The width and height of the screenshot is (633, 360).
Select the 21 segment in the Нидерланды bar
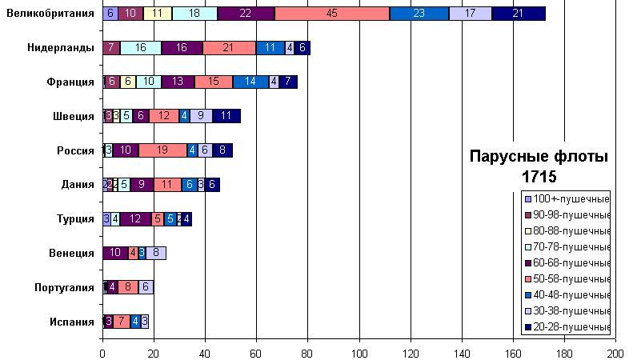229,47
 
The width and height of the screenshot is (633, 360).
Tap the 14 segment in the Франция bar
250,82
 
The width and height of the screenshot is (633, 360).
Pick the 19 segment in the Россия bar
162,150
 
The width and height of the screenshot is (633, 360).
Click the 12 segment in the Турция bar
135,218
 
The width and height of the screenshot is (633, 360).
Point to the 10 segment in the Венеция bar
115,253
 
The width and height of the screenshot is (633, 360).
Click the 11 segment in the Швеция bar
226,116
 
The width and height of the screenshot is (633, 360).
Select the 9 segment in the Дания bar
142,184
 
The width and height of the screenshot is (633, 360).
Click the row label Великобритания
50,13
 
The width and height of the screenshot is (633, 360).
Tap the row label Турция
74,218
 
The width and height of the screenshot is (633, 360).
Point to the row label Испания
73,322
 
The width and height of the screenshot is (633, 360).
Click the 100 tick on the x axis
359,352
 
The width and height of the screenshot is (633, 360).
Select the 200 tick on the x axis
615,352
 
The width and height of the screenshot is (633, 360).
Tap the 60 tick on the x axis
256,352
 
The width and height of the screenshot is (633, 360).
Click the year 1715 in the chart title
538,175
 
